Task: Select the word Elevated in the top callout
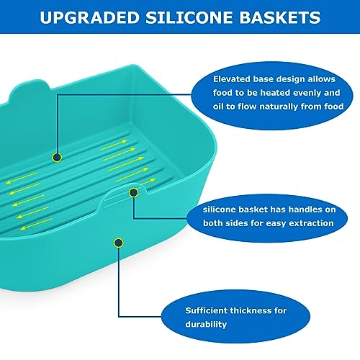(233, 79)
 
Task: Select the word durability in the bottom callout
(208, 325)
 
